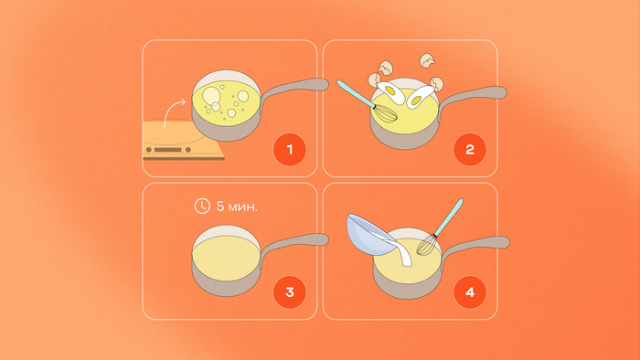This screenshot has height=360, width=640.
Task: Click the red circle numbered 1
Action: pyautogui.click(x=290, y=150)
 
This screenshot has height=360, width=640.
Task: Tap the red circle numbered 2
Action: pyautogui.click(x=470, y=150)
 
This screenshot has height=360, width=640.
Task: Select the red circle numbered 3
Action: pyautogui.click(x=290, y=291)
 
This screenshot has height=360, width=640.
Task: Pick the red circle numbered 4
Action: pyautogui.click(x=470, y=291)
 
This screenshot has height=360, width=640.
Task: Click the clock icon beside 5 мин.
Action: pyautogui.click(x=202, y=206)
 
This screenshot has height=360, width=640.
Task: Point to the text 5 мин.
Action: pyautogui.click(x=237, y=206)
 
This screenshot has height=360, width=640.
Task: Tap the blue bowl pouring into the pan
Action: pyautogui.click(x=369, y=235)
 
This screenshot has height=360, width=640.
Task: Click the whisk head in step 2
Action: pyautogui.click(x=385, y=113)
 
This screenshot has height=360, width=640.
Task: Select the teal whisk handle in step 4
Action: pyautogui.click(x=449, y=217)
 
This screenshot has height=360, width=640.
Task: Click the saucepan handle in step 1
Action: pyautogui.click(x=293, y=89)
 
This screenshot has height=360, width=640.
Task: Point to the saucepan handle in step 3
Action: pyautogui.click(x=293, y=244)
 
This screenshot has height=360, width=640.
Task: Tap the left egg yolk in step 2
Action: pyautogui.click(x=390, y=91)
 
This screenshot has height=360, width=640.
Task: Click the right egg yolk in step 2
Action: pyautogui.click(x=417, y=100)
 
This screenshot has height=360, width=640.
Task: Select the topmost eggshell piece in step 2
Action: pyautogui.click(x=427, y=60)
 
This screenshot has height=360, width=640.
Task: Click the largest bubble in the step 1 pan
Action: pyautogui.click(x=211, y=96)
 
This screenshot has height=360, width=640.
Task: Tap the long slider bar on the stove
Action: pyautogui.click(x=167, y=150)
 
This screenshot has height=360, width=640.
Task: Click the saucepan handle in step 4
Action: pyautogui.click(x=475, y=246)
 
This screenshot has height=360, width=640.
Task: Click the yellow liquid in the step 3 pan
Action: pyautogui.click(x=226, y=258)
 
